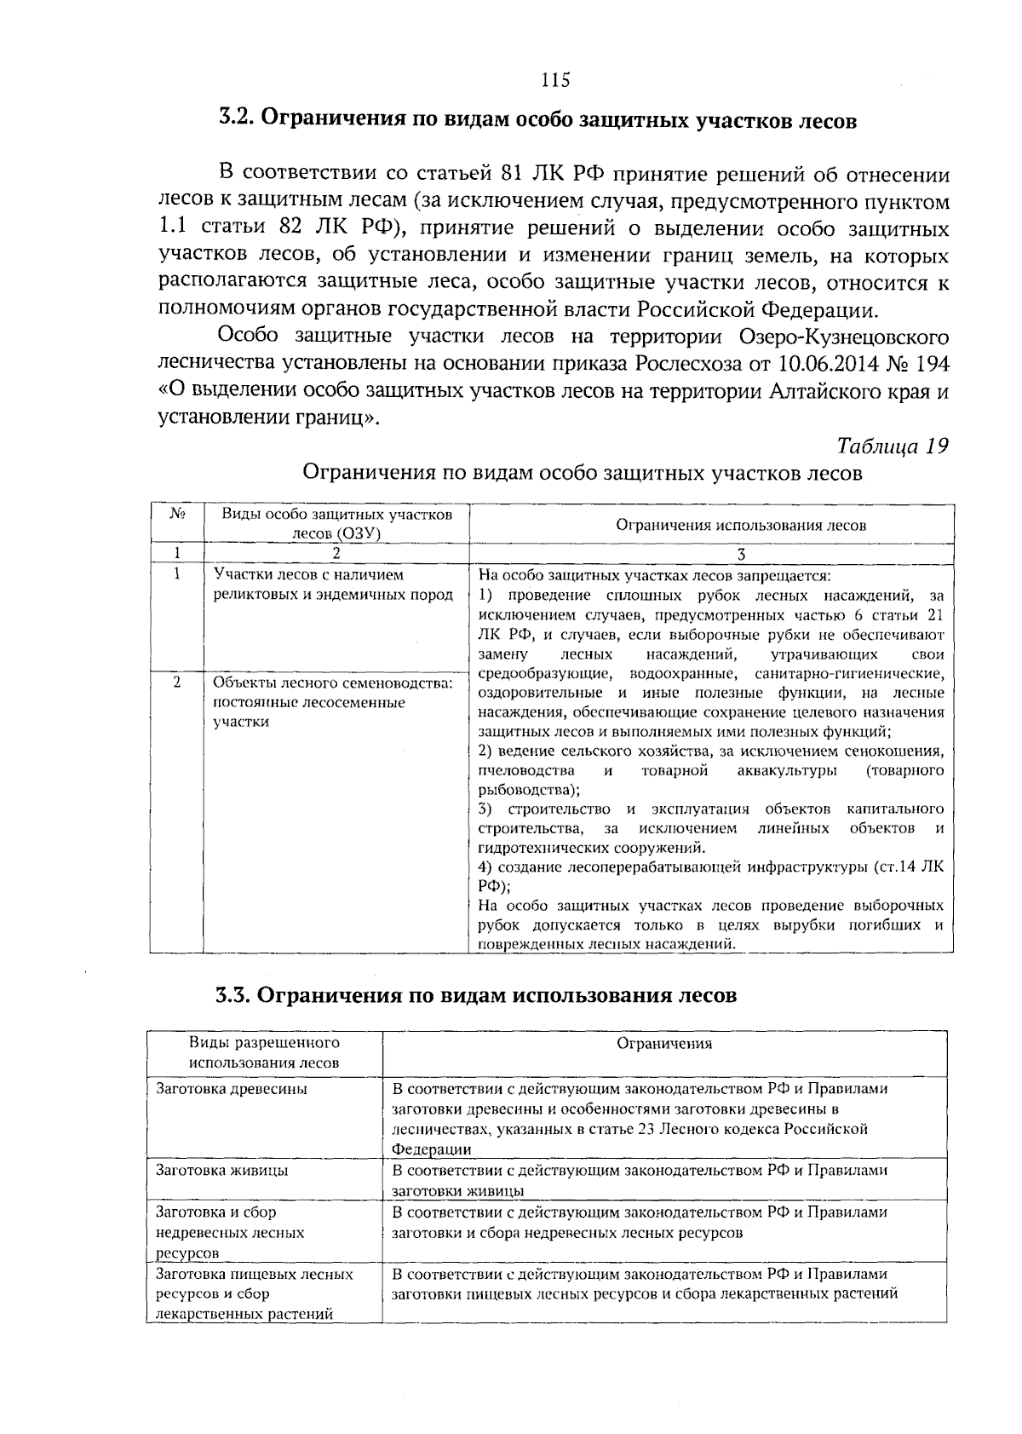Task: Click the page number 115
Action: pyautogui.click(x=554, y=81)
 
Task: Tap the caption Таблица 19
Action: pyautogui.click(x=893, y=446)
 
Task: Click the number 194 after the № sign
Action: pyautogui.click(x=932, y=364)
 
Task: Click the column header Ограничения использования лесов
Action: pyautogui.click(x=740, y=526)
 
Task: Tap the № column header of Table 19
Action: pyautogui.click(x=177, y=515)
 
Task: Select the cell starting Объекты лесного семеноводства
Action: pyautogui.click(x=333, y=702)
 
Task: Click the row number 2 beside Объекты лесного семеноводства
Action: pyautogui.click(x=176, y=682)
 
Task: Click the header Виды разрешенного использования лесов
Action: pyautogui.click(x=264, y=1052)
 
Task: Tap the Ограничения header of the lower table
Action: pyautogui.click(x=664, y=1043)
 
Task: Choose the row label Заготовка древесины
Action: pyautogui.click(x=232, y=1089)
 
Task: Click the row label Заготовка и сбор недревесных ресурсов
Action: pyautogui.click(x=230, y=1232)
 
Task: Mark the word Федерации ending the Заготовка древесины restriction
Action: pyautogui.click(x=431, y=1149)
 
